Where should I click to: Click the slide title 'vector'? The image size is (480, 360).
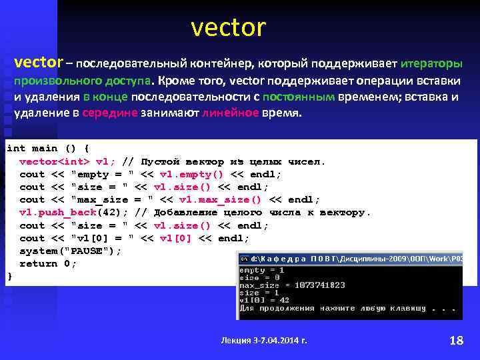228,28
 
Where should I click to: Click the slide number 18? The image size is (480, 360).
457,341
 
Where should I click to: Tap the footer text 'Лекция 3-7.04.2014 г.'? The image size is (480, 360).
264,341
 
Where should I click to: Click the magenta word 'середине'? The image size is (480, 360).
110,113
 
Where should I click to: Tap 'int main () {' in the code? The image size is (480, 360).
48,148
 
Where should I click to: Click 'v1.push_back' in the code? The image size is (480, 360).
59,213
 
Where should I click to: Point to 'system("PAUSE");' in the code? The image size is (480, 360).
71,251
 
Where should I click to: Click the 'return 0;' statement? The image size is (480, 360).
48,263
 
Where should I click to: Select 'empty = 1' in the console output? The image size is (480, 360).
261,269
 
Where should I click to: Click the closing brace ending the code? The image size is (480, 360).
9,276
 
